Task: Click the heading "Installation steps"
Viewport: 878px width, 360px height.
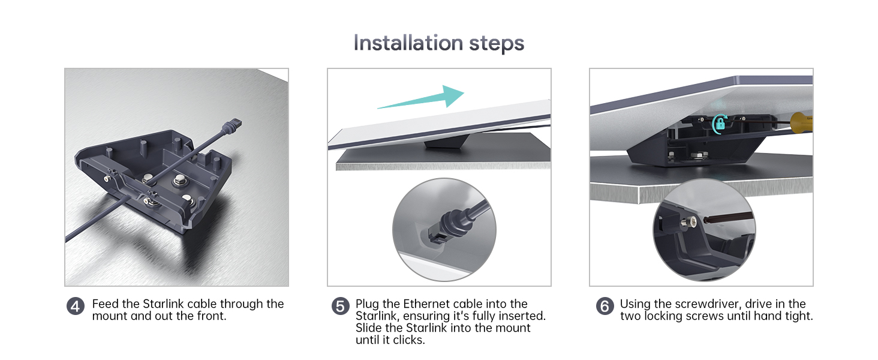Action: click(439, 43)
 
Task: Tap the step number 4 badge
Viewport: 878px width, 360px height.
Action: click(75, 306)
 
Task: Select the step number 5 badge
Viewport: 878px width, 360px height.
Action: click(340, 306)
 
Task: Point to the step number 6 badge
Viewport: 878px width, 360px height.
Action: click(605, 306)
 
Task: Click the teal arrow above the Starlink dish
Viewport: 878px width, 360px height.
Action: click(421, 98)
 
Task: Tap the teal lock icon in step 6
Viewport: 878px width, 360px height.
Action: click(720, 124)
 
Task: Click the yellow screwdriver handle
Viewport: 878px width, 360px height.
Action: click(802, 122)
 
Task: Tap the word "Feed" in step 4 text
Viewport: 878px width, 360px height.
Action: click(106, 304)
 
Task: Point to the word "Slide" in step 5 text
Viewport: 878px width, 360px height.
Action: click(369, 328)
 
